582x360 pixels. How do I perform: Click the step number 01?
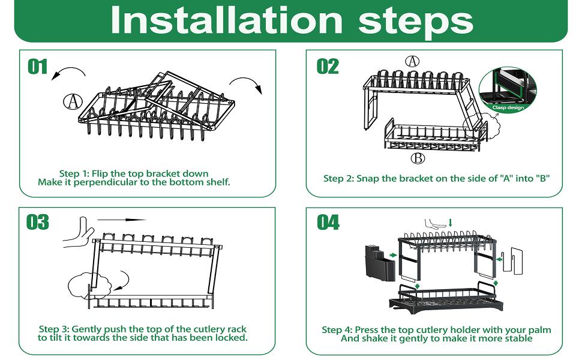click(38, 66)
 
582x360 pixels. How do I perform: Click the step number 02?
click(328, 66)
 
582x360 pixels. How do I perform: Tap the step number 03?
click(38, 222)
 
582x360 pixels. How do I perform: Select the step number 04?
click(328, 222)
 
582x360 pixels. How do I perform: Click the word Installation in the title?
click(226, 20)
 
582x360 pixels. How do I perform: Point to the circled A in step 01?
click(73, 101)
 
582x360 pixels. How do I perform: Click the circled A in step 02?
click(412, 61)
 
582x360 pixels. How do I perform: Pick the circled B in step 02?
click(418, 158)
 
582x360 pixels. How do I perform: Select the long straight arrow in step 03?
click(121, 220)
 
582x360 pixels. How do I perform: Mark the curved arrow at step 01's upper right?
click(247, 84)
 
